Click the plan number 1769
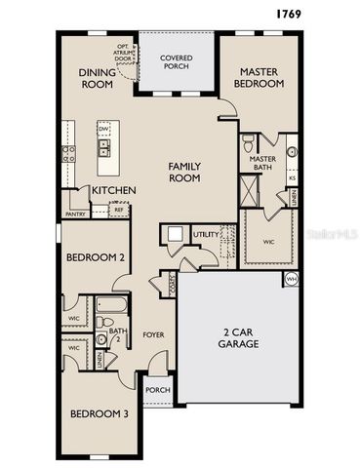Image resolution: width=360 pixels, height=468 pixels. pyautogui.click(x=288, y=14)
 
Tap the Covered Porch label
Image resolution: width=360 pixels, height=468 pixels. pyautogui.click(x=177, y=64)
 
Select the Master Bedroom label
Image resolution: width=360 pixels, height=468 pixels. pyautogui.click(x=260, y=78)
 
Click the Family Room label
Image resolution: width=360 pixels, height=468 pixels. pyautogui.click(x=184, y=173)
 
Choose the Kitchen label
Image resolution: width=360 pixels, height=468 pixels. pyautogui.click(x=113, y=190)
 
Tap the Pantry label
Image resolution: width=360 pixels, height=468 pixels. pyautogui.click(x=75, y=213)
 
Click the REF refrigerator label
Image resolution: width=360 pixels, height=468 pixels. pyautogui.click(x=118, y=210)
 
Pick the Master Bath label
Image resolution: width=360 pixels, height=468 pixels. pyautogui.click(x=263, y=164)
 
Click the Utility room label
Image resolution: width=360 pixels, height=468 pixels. pyautogui.click(x=206, y=235)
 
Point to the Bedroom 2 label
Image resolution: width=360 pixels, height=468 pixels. pyautogui.click(x=95, y=258)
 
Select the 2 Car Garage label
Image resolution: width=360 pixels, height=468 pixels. pyautogui.click(x=238, y=337)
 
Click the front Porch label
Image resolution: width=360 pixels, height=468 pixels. pyautogui.click(x=157, y=391)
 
